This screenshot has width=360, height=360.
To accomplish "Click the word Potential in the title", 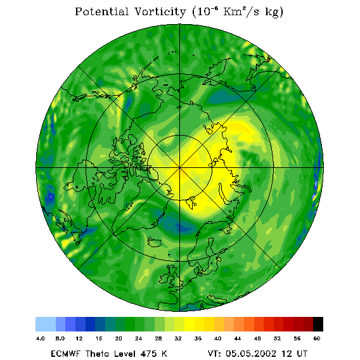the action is coord(101,11).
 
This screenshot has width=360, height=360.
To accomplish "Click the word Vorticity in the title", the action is coord(160,11).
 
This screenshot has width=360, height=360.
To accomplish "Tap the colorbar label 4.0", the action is coord(41,338).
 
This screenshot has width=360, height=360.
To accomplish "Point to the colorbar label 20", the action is coord(119,338).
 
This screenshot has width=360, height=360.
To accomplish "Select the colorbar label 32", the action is coord(178,338).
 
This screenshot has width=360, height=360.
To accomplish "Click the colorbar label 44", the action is coord(238,338).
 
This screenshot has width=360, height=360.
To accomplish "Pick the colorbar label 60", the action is coord(317,338).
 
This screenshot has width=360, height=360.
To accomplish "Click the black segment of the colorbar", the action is coord(318,324).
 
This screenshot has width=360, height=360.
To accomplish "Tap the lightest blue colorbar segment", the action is coord(46,324).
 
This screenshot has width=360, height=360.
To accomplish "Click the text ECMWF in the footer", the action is coord(66,354).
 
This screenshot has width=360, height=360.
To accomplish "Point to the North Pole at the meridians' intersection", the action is coord(179,168).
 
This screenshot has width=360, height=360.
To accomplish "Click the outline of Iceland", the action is coord(154,241).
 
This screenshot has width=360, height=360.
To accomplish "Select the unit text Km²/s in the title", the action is coord(241,11).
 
